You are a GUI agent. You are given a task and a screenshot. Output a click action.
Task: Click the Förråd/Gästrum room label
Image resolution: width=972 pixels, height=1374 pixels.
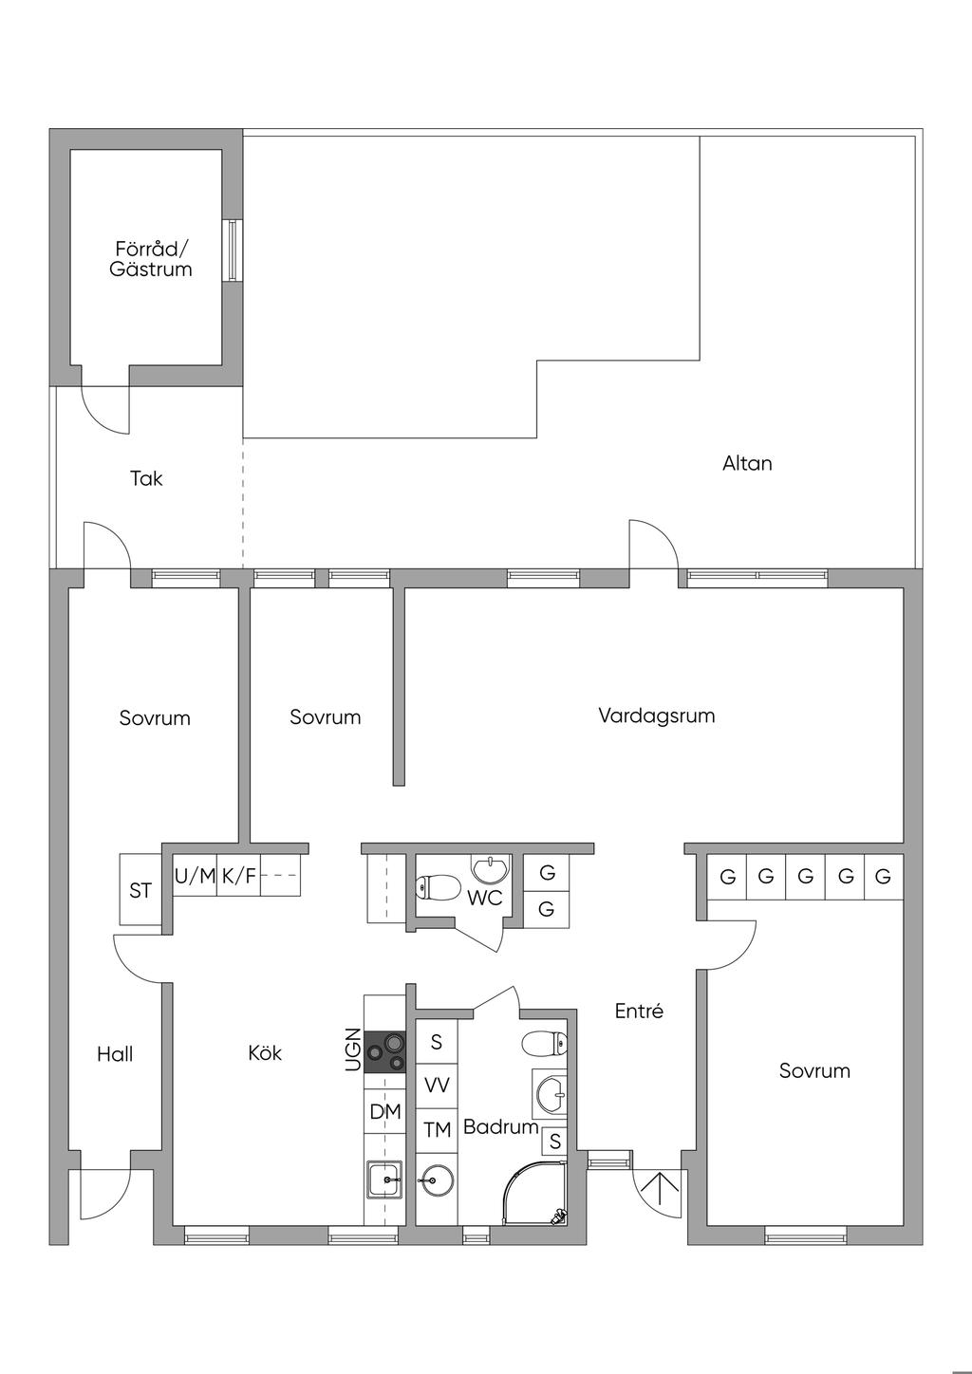[151, 259]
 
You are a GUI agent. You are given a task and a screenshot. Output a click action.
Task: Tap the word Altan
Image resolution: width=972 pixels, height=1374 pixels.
[747, 463]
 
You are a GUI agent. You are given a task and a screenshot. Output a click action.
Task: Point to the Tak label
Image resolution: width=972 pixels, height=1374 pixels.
[146, 478]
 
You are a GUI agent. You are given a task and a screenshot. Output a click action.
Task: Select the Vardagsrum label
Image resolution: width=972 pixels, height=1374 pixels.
[657, 715]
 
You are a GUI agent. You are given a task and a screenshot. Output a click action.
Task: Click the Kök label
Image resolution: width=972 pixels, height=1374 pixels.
[265, 1053]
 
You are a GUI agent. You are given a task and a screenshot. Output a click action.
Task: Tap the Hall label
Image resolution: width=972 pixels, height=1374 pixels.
[115, 1054]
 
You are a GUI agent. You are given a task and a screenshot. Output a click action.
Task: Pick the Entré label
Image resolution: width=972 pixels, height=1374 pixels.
[639, 1011]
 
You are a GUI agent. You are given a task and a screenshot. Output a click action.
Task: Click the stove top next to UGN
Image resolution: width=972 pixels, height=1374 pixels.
[384, 1051]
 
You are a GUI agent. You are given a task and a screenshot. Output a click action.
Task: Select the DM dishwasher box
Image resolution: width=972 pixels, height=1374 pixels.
[384, 1111]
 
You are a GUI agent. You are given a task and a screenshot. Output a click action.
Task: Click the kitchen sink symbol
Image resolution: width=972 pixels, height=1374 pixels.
[385, 1179]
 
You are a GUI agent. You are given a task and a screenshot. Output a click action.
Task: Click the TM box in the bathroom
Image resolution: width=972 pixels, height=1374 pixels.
[437, 1130]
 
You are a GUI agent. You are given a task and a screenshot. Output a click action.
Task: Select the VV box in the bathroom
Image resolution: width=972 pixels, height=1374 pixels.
[437, 1086]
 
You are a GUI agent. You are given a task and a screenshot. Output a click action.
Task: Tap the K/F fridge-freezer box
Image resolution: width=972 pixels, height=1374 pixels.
[238, 875]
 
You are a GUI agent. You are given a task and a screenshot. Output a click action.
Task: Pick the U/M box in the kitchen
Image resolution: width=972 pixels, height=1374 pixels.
[196, 875]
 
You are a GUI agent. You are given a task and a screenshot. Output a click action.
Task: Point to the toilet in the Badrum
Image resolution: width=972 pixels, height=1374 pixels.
[544, 1043]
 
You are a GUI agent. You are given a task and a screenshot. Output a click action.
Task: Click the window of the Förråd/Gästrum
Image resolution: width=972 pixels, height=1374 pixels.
[233, 250]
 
